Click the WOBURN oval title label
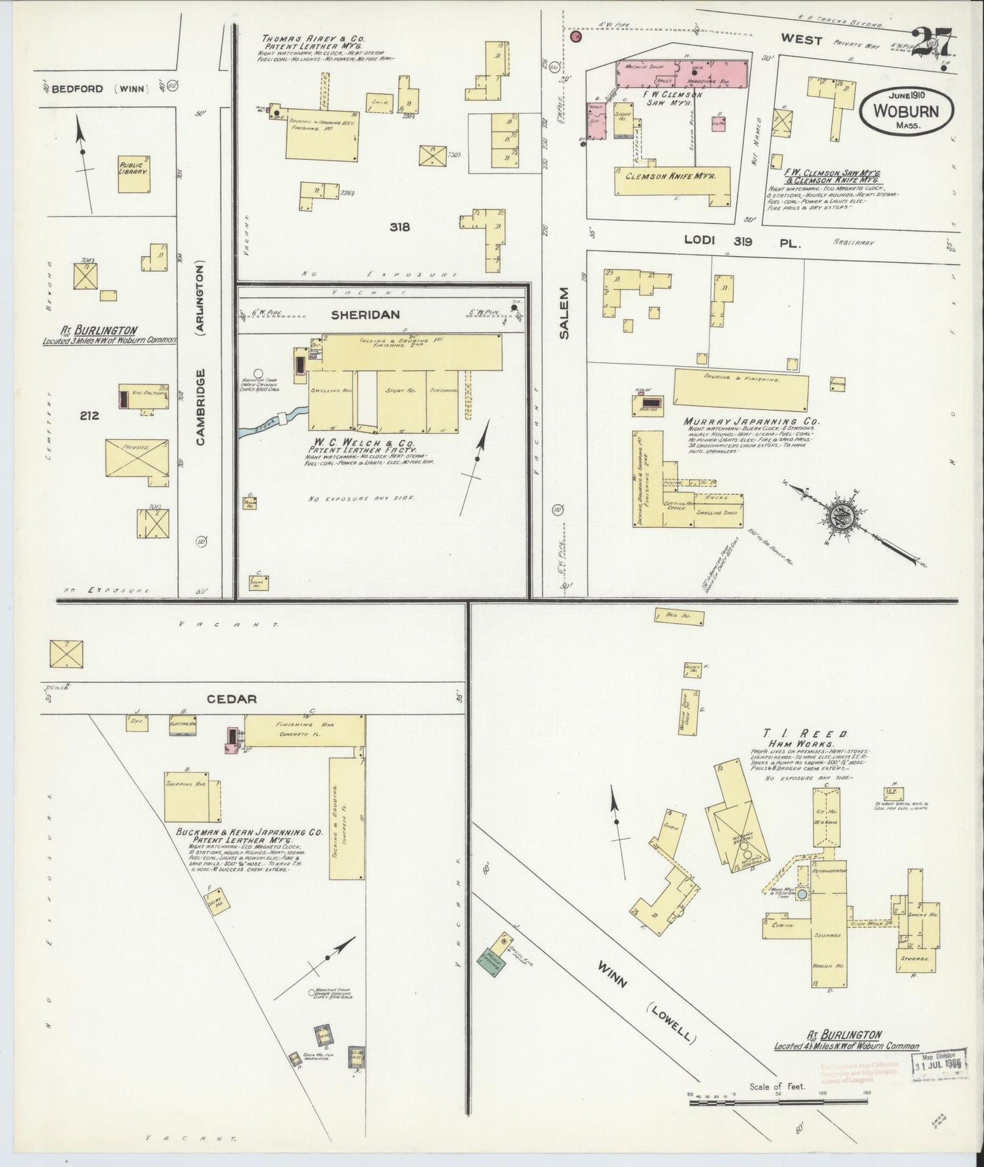pos(906,112)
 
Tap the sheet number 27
pos(933,46)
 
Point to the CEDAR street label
pos(237,699)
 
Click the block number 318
pos(400,227)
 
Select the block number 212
pos(89,414)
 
